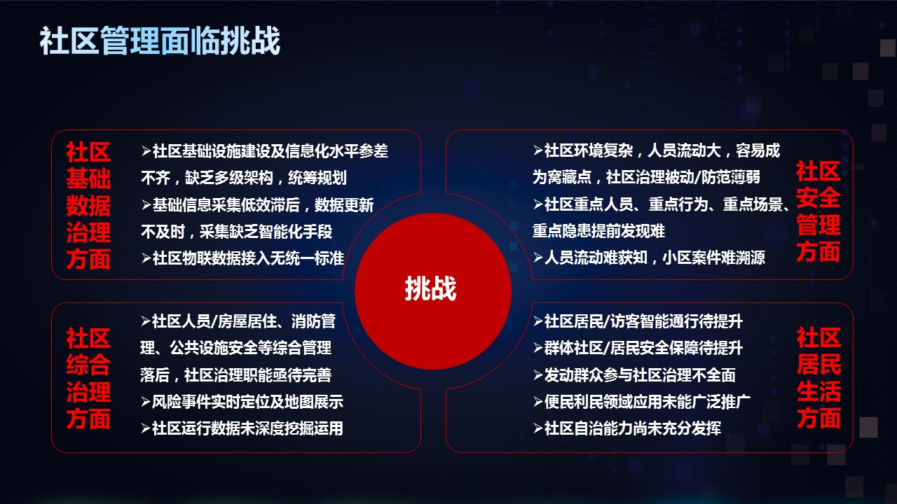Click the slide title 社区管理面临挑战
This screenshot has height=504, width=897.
[x=160, y=41]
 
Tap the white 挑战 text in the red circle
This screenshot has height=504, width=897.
[x=430, y=288]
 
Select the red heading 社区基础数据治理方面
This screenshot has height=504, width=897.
[x=88, y=205]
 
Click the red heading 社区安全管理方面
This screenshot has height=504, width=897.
[x=818, y=211]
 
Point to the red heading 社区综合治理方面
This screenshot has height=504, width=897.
[x=88, y=378]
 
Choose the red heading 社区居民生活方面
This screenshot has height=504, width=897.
[x=819, y=377]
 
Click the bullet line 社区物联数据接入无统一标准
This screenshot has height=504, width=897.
[x=242, y=258]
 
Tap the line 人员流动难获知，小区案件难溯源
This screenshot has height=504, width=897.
[x=649, y=257]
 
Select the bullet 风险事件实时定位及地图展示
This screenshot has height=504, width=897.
[x=242, y=402]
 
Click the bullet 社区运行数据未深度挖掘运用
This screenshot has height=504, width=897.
[x=242, y=428]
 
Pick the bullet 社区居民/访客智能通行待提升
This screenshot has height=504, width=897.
[x=638, y=321]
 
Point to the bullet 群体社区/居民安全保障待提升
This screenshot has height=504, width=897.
[x=638, y=348]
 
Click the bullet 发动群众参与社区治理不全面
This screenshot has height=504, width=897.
[x=634, y=374]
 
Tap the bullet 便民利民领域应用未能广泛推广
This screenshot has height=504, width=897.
[x=642, y=402]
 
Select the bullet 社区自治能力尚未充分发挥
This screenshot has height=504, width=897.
[x=627, y=428]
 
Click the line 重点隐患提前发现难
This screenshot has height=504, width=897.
[x=598, y=231]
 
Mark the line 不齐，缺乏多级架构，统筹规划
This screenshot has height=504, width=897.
[x=244, y=178]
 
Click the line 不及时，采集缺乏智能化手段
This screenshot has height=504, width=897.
[x=237, y=232]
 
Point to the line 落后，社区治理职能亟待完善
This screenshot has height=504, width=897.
[x=236, y=374]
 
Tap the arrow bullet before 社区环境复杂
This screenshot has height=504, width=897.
[x=537, y=150]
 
